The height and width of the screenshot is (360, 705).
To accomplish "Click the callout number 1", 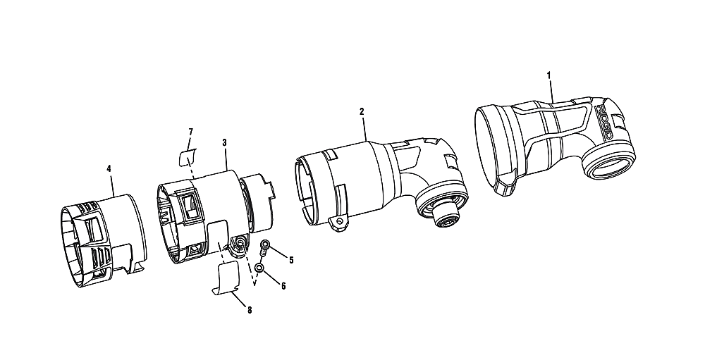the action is (x=548, y=75).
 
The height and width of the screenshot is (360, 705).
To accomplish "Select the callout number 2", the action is (x=362, y=111).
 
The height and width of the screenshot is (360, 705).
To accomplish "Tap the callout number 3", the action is (x=224, y=142).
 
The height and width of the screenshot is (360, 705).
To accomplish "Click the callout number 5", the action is (x=291, y=260).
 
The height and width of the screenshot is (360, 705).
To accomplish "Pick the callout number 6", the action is (x=283, y=285).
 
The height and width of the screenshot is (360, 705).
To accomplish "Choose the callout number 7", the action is (x=190, y=132).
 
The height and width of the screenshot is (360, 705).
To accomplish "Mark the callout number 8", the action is (x=250, y=310).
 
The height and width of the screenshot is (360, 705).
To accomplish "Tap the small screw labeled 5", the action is (x=265, y=249).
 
